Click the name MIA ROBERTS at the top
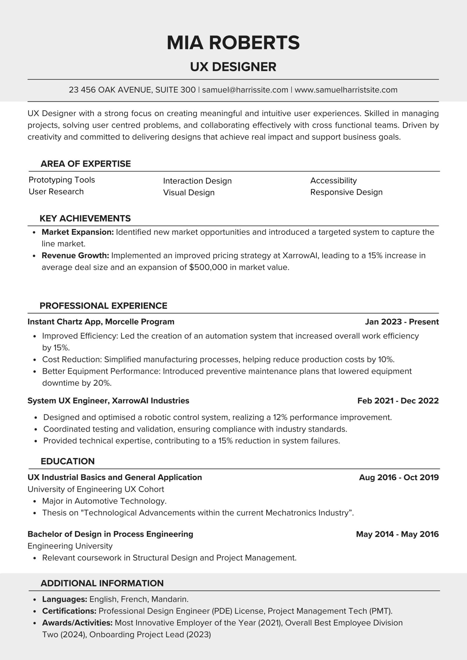[x=233, y=43]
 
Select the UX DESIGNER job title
[x=233, y=67]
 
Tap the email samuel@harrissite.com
[x=245, y=90]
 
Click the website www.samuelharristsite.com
[x=346, y=90]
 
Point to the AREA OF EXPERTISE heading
[x=86, y=164]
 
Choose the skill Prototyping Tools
[x=62, y=180]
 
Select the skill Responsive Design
[x=346, y=192]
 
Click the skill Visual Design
[x=189, y=192]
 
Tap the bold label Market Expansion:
[x=78, y=232]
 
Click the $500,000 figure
[x=208, y=267]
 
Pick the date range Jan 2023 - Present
[x=402, y=322]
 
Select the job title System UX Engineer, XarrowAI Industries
[x=108, y=401]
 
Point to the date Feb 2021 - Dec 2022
[x=398, y=401]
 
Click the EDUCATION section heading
[x=67, y=461]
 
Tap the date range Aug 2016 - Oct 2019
[x=399, y=477]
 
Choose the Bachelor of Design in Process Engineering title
[x=110, y=534]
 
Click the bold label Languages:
[x=65, y=599]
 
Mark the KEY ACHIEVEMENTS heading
[x=85, y=218]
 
